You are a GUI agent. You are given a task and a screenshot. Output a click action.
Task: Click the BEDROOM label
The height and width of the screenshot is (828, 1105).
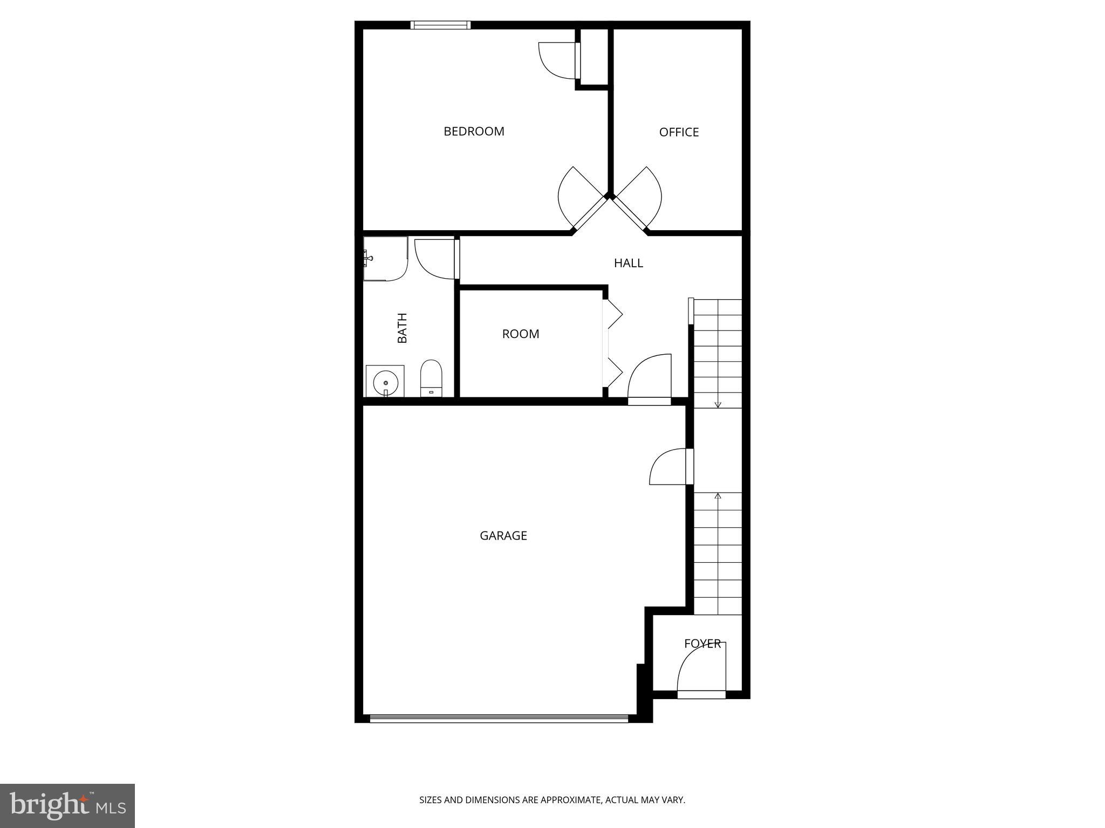(x=474, y=132)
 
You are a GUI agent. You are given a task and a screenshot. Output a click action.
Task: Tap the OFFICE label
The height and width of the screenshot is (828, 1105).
(x=679, y=133)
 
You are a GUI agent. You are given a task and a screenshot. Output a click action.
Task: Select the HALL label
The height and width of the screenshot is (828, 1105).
(x=628, y=263)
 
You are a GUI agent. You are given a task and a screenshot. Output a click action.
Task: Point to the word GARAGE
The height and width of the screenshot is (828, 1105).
(x=503, y=536)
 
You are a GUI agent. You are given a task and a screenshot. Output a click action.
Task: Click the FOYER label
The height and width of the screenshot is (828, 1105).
(x=702, y=644)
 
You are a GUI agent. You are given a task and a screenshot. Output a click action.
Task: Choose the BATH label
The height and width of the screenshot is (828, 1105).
(x=402, y=328)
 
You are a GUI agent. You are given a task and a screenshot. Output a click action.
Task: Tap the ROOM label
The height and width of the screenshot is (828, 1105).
(x=520, y=334)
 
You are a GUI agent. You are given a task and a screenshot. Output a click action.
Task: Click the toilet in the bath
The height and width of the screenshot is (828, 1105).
(x=431, y=377)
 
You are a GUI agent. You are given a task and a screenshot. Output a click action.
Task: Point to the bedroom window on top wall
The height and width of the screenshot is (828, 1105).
(x=440, y=25)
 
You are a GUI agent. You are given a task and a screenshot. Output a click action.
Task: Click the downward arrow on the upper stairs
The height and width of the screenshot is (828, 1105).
(x=718, y=404)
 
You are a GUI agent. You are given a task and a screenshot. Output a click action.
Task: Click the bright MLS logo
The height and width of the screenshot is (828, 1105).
(x=67, y=806)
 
